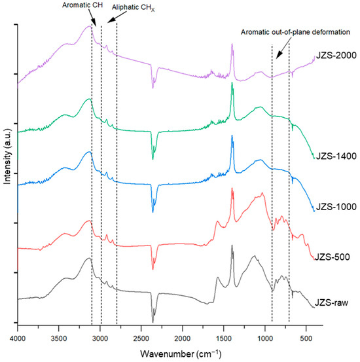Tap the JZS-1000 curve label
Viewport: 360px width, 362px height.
pos(334,207)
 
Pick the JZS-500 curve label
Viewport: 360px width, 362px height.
pos(332,256)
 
